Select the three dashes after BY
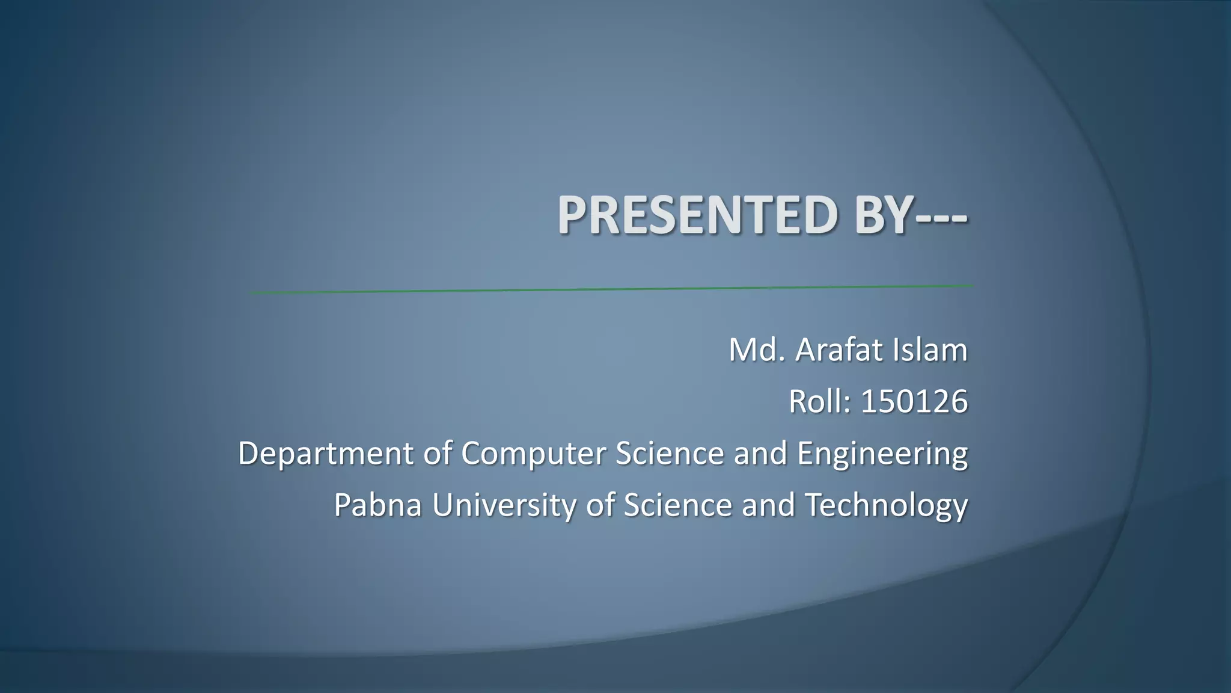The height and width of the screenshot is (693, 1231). [x=942, y=218]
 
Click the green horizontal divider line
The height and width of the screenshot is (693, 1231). [x=611, y=289]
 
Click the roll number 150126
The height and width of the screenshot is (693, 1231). [x=914, y=401]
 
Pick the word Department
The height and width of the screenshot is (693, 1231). [x=325, y=453]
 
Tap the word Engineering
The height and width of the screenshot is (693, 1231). [x=882, y=454]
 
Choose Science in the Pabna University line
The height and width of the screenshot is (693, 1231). [x=677, y=505]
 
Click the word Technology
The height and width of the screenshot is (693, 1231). [x=886, y=506]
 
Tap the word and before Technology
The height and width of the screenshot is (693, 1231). [x=768, y=505]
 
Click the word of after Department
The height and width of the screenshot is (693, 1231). [x=437, y=453]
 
